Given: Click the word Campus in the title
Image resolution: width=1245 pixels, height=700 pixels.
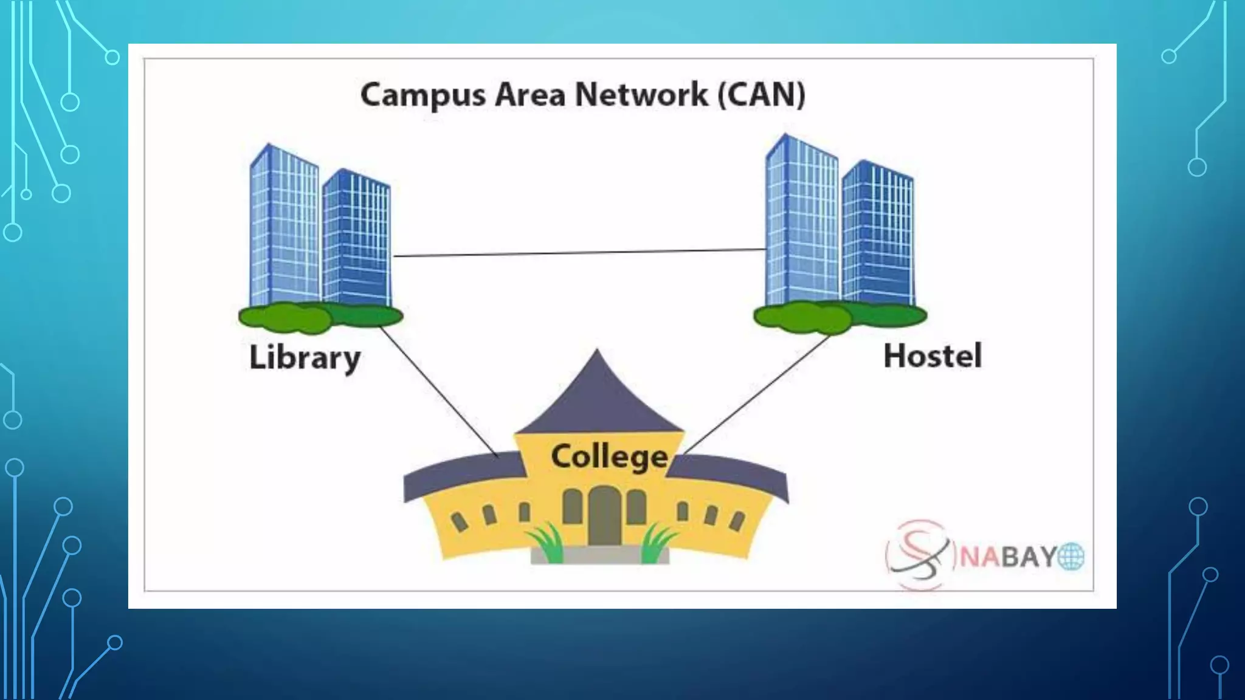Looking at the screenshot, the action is click(x=423, y=96).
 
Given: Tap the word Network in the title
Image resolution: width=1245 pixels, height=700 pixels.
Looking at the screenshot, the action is click(x=641, y=95).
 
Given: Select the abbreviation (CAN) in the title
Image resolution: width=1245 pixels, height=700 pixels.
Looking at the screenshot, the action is click(x=762, y=95).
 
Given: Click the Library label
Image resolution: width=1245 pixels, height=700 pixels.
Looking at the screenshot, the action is click(x=305, y=357).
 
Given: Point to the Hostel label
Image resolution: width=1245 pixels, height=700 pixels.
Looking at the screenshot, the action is click(x=932, y=355).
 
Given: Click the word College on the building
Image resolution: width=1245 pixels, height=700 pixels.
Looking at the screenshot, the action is click(x=609, y=457).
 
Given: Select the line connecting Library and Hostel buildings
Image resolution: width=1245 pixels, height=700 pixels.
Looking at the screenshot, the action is click(x=578, y=253).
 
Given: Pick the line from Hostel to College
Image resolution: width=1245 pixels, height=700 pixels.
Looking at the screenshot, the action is click(x=757, y=395).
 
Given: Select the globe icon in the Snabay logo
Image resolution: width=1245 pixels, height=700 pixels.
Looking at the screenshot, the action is click(x=1071, y=557).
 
